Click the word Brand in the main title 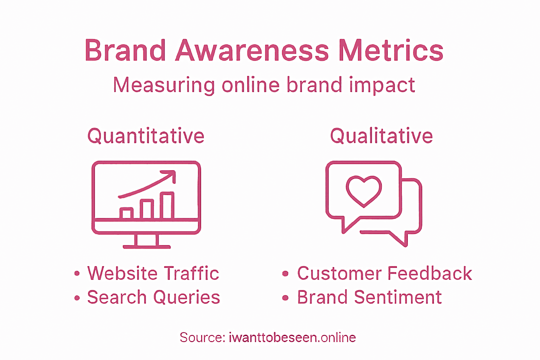click(125, 51)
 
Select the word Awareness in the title click(252, 51)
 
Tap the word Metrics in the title click(391, 51)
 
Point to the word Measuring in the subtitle click(164, 85)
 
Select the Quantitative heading click(146, 136)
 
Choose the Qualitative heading click(381, 136)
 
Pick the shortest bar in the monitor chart click(126, 213)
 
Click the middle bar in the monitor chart click(147, 209)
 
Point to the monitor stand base click(147, 247)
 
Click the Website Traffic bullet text click(153, 274)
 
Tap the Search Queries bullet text click(154, 297)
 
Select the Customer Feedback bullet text click(385, 274)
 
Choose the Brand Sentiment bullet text click(369, 297)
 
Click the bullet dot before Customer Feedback click(285, 274)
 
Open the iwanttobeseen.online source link click(292, 337)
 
